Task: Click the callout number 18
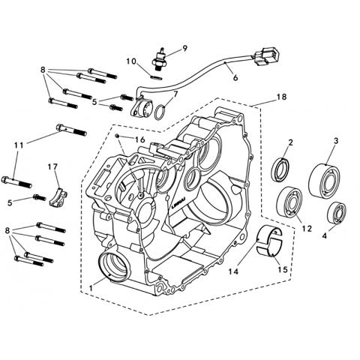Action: pyautogui.click(x=282, y=97)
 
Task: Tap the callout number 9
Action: pyautogui.click(x=184, y=48)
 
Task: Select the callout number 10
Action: pyautogui.click(x=131, y=61)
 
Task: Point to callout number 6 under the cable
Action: pyautogui.click(x=235, y=78)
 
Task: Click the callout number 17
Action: pyautogui.click(x=53, y=166)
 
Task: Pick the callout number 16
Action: pyautogui.click(x=140, y=139)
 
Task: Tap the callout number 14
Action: pyautogui.click(x=233, y=271)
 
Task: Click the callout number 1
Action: pyautogui.click(x=91, y=288)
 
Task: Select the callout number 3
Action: pyautogui.click(x=336, y=141)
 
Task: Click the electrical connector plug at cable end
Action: pyautogui.click(x=266, y=57)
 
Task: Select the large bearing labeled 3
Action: pyautogui.click(x=324, y=181)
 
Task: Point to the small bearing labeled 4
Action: pyautogui.click(x=337, y=212)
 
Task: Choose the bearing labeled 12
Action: pyautogui.click(x=289, y=200)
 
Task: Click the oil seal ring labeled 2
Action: pyautogui.click(x=280, y=169)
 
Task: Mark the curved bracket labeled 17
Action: pyautogui.click(x=58, y=197)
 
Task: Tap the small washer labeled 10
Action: pyautogui.click(x=157, y=77)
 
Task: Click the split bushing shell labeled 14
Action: pyautogui.click(x=269, y=241)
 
